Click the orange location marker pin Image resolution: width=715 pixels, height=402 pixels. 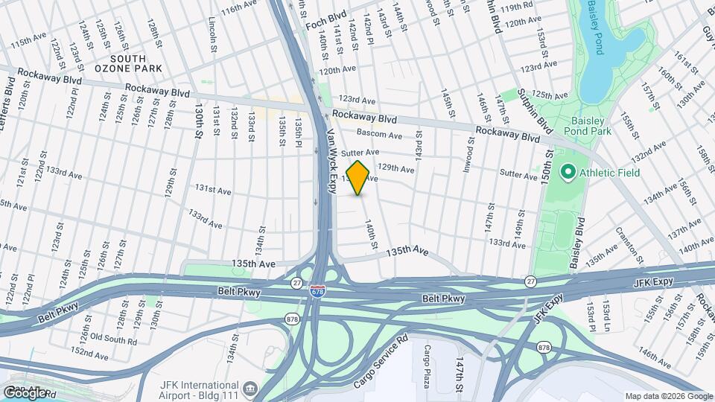[358, 178]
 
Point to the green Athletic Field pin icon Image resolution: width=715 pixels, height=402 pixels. [568, 173]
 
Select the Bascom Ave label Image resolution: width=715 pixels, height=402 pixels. [379, 135]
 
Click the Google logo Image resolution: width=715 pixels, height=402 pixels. [25, 392]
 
